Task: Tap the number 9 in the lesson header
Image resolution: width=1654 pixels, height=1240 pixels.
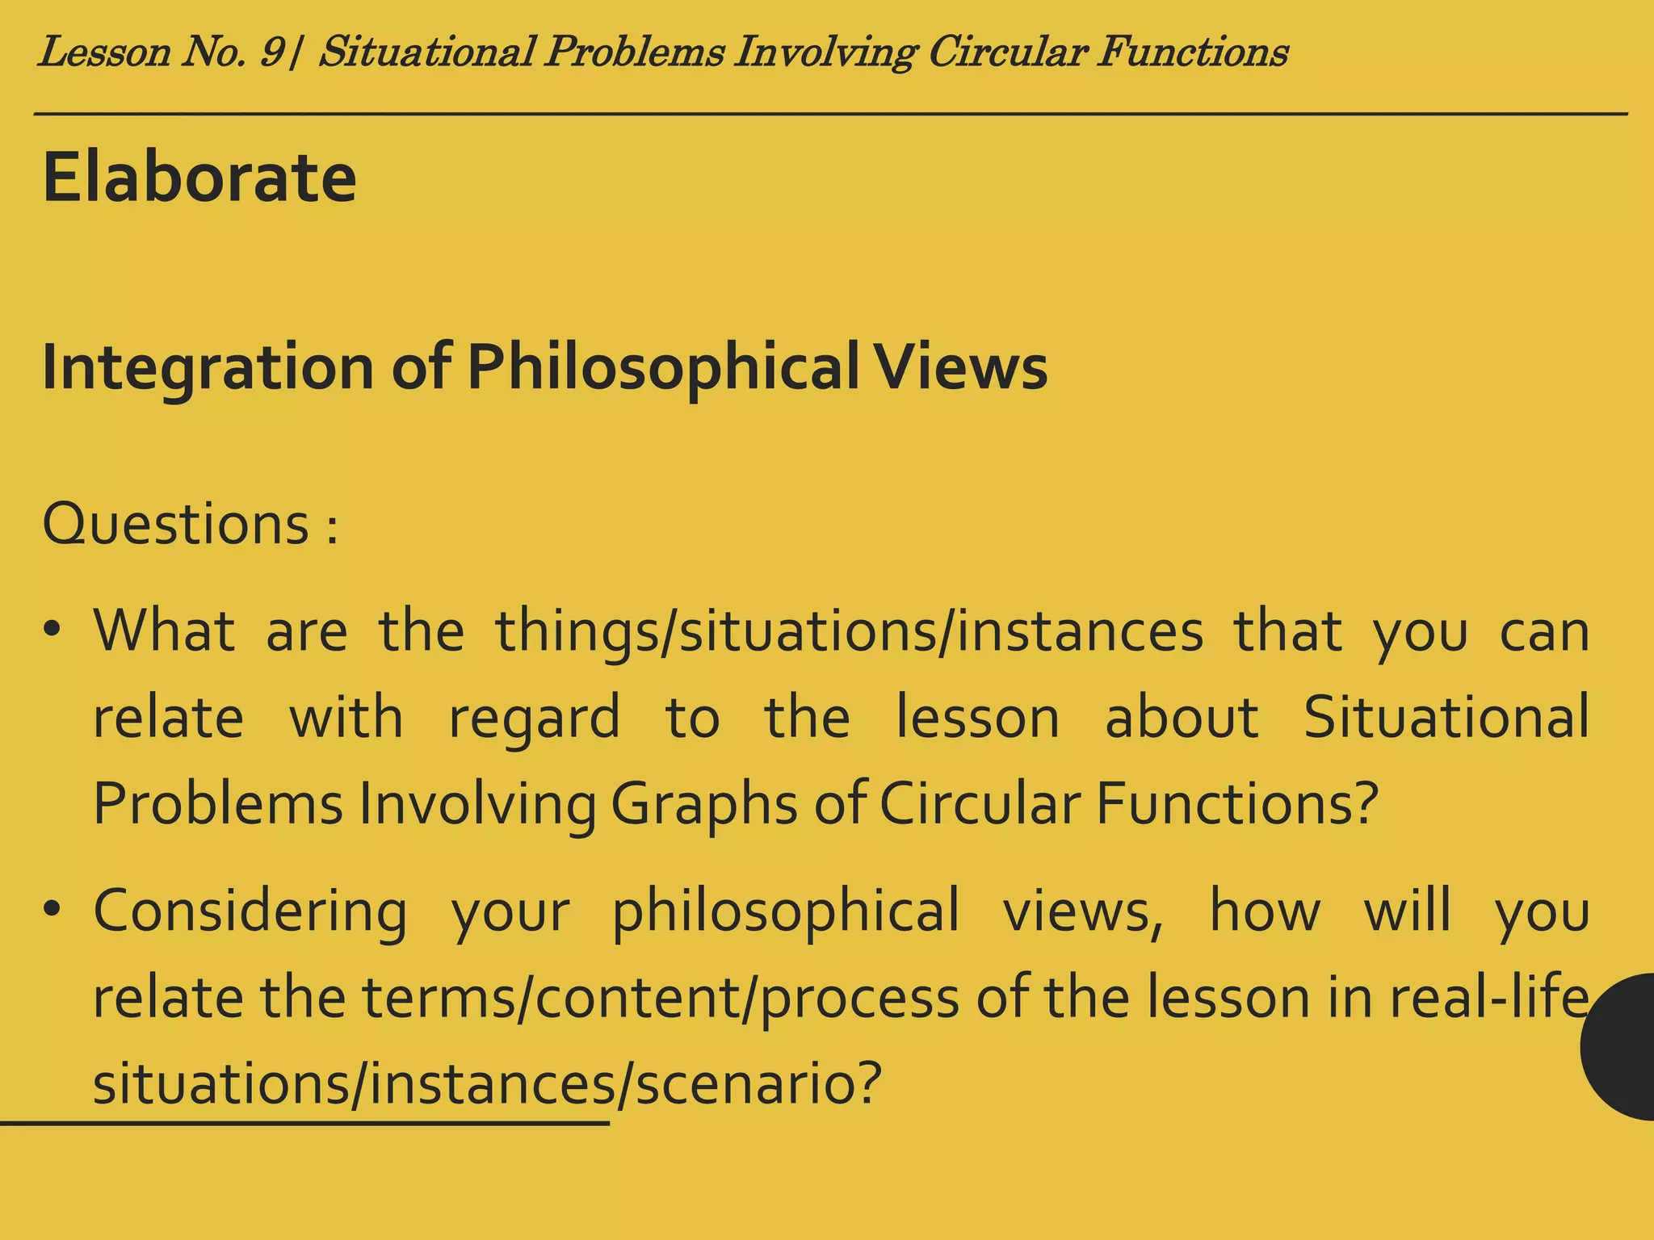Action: [272, 53]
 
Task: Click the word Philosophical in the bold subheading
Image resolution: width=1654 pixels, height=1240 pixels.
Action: [663, 367]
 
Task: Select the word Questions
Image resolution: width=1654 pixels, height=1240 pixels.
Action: [175, 524]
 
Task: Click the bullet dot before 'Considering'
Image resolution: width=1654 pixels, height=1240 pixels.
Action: [53, 910]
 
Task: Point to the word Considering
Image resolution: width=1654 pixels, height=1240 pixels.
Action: [250, 911]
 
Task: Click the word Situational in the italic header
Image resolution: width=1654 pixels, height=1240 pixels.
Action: [426, 53]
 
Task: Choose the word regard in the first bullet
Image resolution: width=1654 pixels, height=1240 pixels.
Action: [534, 717]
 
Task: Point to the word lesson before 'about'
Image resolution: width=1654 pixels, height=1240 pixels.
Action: [977, 717]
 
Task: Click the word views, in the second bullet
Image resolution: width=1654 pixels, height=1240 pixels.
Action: [1083, 911]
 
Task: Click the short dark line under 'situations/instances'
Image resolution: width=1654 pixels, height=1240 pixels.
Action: [304, 1123]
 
